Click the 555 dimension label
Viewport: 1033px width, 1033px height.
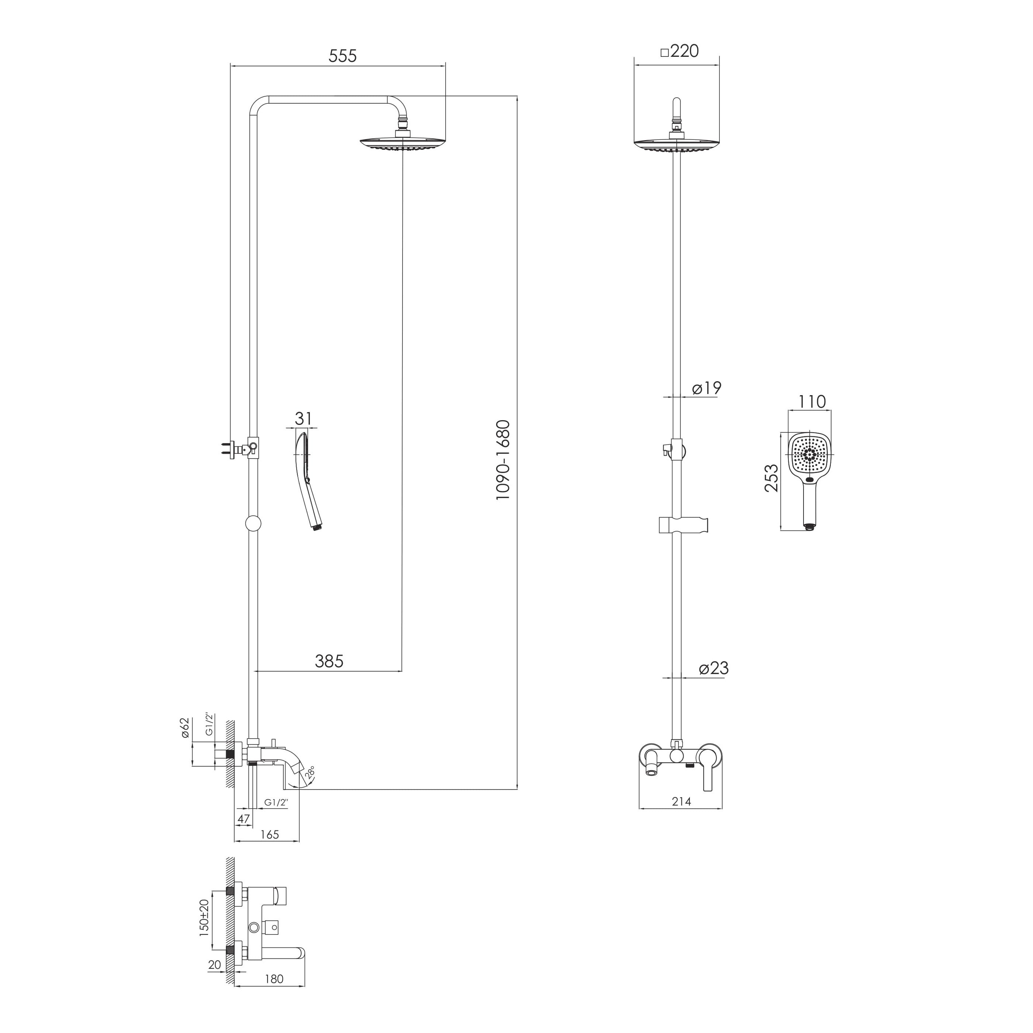coord(342,56)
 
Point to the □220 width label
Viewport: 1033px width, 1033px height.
coord(680,51)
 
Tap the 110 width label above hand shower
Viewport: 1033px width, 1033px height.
coord(812,401)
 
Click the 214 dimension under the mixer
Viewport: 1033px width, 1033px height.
coord(682,816)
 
